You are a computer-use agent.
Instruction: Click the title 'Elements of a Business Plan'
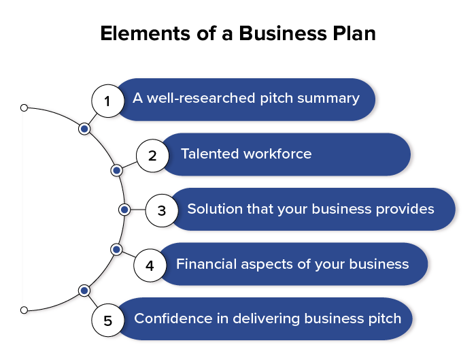click(x=237, y=33)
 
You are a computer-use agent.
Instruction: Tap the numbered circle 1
click(x=107, y=101)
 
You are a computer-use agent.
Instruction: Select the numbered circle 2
click(x=152, y=156)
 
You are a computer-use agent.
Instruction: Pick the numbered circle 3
click(x=161, y=210)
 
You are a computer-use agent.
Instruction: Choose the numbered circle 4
click(x=150, y=265)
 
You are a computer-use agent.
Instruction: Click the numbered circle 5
click(x=107, y=319)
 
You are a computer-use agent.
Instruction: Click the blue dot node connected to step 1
click(x=84, y=128)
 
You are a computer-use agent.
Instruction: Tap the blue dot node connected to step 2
click(x=116, y=169)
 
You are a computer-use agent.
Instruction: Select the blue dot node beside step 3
click(x=124, y=210)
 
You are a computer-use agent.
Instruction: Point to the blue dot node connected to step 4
click(x=116, y=250)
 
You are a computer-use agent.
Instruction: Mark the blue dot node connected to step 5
click(x=84, y=291)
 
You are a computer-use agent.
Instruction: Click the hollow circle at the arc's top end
click(x=24, y=108)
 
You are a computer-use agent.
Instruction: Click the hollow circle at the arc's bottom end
click(x=24, y=310)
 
